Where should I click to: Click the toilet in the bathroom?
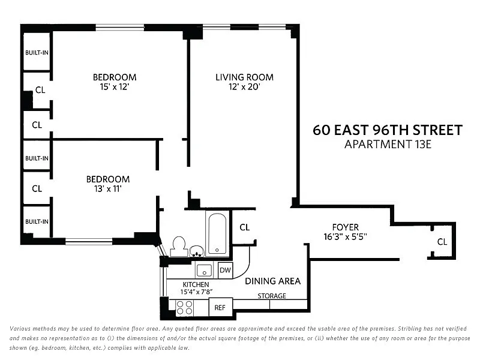[179, 247]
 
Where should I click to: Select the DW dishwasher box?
[226, 270]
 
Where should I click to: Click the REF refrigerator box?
[220, 307]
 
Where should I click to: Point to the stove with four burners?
[185, 308]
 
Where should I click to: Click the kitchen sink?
[204, 270]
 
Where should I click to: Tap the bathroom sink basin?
[197, 251]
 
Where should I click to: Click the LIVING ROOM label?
[244, 77]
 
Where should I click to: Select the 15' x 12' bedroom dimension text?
[115, 87]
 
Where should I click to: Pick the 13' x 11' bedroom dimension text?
[108, 189]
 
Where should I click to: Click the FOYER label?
[346, 227]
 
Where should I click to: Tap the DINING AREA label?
[273, 281]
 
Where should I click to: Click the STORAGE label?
[272, 296]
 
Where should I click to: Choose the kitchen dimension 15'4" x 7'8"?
[196, 292]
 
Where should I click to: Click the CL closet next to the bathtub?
[245, 227]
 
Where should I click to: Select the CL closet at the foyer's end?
[442, 242]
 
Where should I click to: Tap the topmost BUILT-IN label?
[37, 53]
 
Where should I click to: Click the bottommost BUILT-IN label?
[37, 221]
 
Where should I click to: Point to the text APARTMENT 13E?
[388, 144]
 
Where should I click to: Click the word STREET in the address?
[438, 130]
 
